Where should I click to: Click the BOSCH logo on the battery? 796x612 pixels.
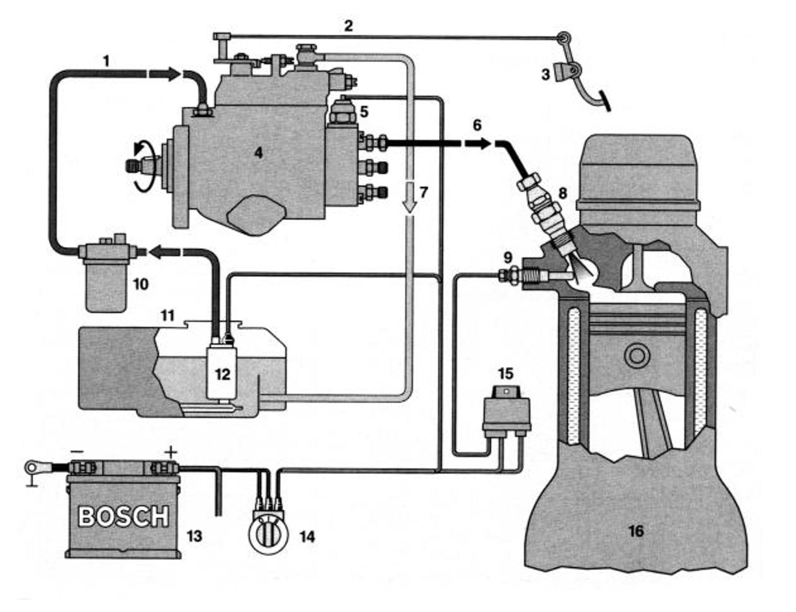124,516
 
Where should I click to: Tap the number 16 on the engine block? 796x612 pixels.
636,531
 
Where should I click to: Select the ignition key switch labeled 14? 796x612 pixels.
268,535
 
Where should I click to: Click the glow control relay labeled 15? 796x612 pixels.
506,409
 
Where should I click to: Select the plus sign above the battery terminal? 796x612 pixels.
172,451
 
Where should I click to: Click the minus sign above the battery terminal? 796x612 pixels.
77,451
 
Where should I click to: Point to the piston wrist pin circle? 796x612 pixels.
636,356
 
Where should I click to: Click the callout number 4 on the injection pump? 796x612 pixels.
258,152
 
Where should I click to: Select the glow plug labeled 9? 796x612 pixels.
535,275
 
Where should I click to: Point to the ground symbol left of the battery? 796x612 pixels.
31,478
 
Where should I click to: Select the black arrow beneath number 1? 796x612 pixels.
164,74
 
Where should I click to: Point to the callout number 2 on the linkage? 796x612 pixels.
349,25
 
